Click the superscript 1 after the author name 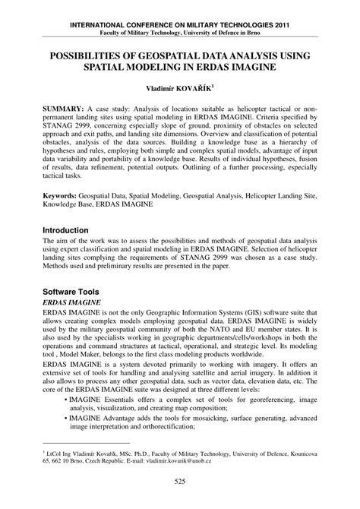click(x=223, y=86)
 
